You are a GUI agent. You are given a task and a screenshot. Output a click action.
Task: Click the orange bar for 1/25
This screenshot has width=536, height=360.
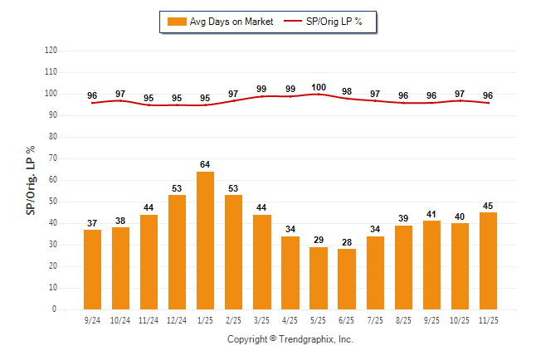205,241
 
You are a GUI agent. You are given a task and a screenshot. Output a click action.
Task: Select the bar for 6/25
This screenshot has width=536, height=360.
346,279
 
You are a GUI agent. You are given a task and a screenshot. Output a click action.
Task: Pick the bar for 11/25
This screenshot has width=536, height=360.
488,260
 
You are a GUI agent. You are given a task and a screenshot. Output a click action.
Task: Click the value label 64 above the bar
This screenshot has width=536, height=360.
205,164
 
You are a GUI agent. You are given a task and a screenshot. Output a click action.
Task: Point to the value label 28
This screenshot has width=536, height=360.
346,241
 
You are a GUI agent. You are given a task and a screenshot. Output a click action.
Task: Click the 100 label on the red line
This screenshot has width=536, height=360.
318,87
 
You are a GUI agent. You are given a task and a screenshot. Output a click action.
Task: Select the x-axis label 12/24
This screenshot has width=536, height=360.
177,319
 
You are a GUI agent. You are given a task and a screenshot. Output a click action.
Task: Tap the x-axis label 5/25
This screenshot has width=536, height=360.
318,319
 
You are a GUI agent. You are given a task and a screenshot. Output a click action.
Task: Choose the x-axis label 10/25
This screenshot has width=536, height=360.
459,319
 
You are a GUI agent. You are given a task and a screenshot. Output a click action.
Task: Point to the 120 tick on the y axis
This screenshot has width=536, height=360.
51,51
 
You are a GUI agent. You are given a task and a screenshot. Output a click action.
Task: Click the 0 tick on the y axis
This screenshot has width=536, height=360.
55,309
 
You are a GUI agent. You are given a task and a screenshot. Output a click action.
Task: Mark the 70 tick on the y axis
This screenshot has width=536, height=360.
52,158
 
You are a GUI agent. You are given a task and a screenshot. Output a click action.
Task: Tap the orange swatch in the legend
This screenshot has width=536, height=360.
177,22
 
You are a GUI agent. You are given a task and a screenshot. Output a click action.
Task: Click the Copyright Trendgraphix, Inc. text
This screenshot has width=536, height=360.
290,339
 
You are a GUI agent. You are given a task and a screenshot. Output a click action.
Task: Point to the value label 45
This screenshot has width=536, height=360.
488,206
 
